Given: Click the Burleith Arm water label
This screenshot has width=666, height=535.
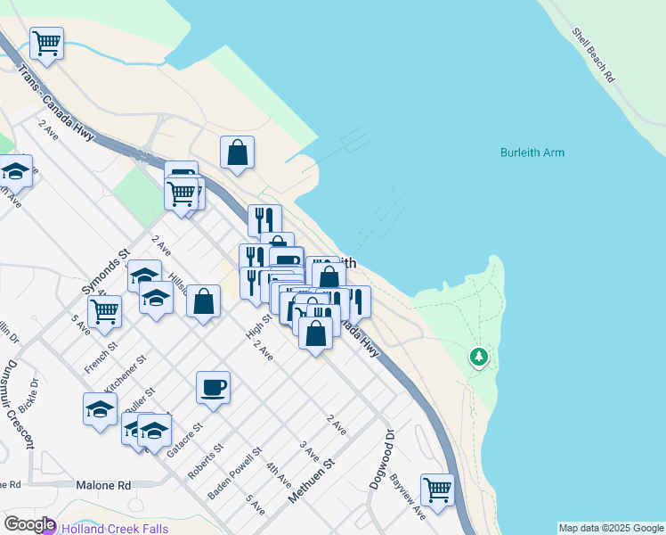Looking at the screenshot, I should click(532, 152).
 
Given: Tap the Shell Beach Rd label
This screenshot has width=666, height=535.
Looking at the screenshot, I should click(594, 55).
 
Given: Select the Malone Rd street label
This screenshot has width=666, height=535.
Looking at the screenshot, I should click(103, 485).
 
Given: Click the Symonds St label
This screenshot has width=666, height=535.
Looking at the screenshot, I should click(106, 273).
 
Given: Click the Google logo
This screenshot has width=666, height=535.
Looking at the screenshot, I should click(28, 525).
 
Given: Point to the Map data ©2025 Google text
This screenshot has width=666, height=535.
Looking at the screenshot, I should click(611, 528).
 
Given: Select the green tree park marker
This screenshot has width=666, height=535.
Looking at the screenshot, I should click(480, 357).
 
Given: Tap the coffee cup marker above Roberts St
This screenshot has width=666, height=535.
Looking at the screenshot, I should click(213, 386).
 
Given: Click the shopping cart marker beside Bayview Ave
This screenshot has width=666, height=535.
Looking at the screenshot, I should click(437, 489).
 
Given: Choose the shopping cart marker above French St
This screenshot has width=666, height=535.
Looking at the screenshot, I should click(104, 310).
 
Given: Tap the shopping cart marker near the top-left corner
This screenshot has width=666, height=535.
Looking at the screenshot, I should click(46, 41).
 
